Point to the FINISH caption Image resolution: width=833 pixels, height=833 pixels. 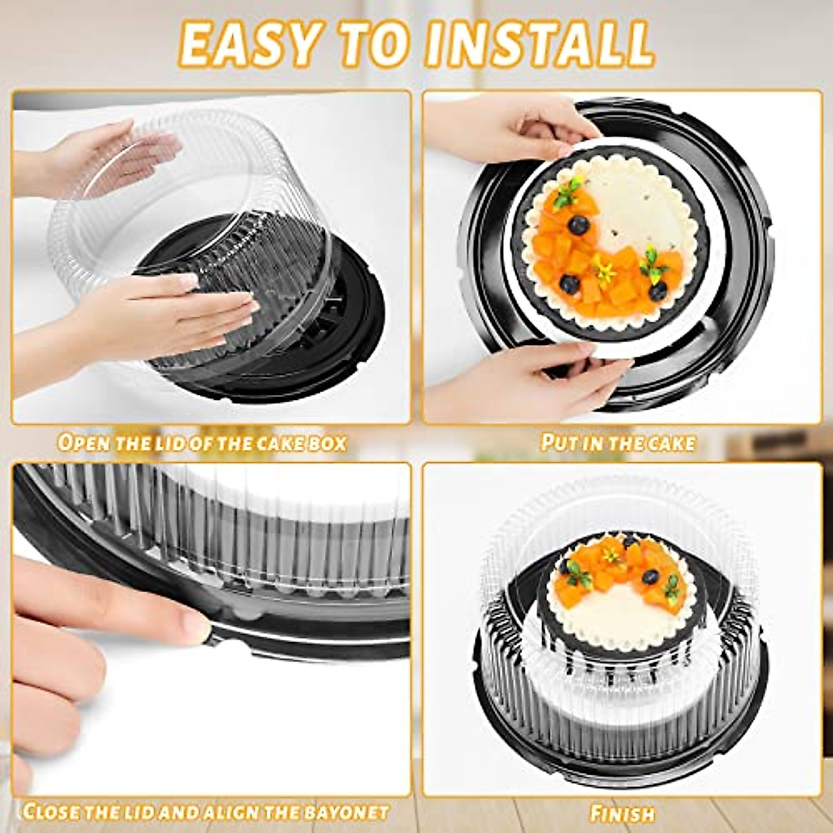pos(622,813)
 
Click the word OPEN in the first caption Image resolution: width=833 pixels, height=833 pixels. pos(83,442)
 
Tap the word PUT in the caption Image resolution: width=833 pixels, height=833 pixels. pos(559,442)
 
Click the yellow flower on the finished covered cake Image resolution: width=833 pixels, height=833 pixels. pos(611,553)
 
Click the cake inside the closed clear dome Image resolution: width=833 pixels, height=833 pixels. pos(621,597)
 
